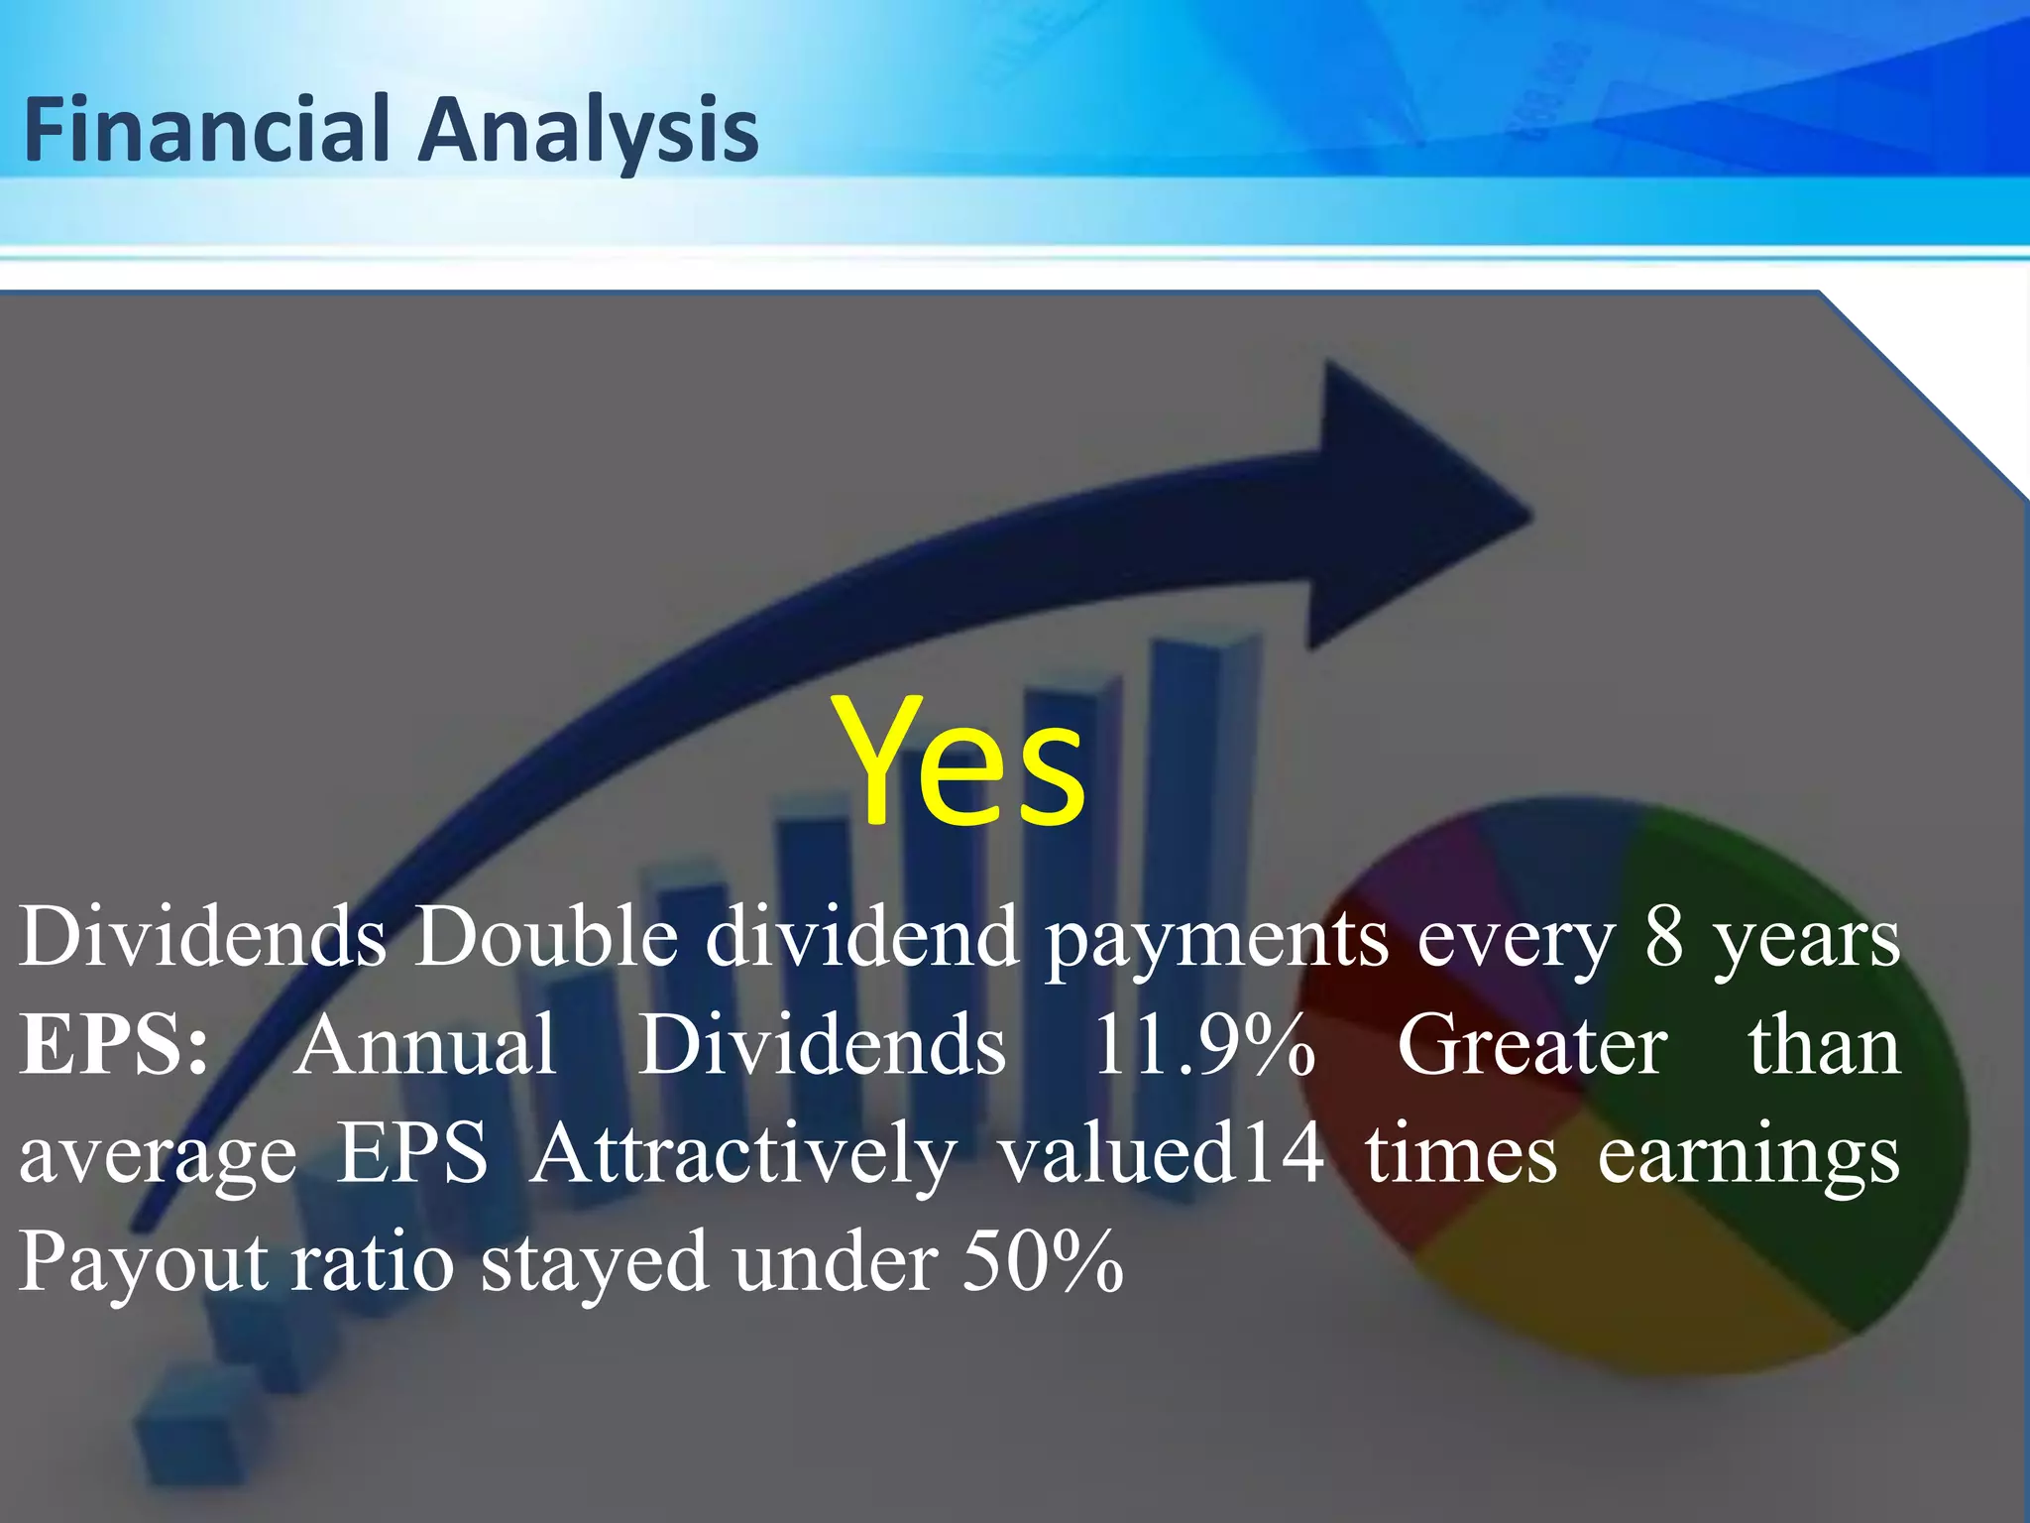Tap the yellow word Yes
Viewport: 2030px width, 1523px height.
(x=959, y=763)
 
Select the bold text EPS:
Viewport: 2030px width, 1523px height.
(x=114, y=1045)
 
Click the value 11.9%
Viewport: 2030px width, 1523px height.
(x=1203, y=1045)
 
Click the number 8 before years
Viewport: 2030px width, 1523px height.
(x=1664, y=937)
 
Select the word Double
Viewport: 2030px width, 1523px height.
(x=546, y=937)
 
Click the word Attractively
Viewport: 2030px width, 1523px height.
(x=743, y=1154)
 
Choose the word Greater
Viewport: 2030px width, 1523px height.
(x=1532, y=1045)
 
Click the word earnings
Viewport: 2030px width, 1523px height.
(x=1748, y=1156)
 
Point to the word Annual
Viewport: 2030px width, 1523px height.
(x=425, y=1045)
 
